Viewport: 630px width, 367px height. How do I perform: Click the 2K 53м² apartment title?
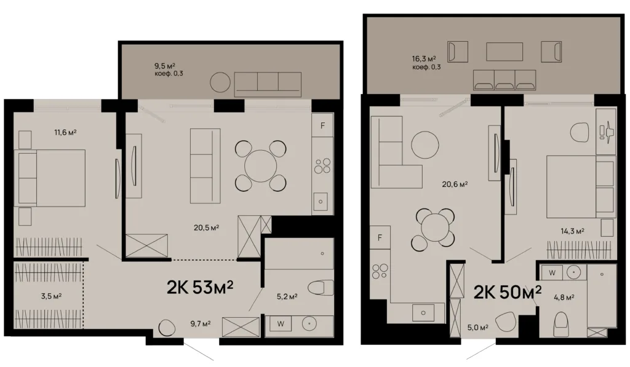tap(200, 286)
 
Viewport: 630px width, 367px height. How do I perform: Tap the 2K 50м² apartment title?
tap(508, 292)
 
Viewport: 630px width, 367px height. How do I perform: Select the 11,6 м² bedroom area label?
tap(65, 132)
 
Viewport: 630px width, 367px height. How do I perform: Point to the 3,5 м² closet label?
tap(51, 296)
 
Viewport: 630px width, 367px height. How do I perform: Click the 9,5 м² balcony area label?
tap(165, 65)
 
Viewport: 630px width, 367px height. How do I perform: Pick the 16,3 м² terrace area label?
tap(424, 59)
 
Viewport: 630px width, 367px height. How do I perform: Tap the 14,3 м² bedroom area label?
tap(573, 231)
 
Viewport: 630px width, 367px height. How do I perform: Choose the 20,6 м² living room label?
tap(455, 184)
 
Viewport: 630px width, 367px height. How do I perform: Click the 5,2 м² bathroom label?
tap(287, 297)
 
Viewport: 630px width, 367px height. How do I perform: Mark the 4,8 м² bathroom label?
tap(564, 298)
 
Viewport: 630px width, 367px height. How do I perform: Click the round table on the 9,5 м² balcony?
tap(220, 82)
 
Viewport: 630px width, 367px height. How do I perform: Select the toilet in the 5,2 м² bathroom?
tap(321, 288)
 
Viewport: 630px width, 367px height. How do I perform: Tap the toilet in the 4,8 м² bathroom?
tap(561, 325)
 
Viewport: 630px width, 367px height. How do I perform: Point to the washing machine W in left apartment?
tap(281, 323)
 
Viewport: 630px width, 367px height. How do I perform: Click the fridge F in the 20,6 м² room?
tap(380, 238)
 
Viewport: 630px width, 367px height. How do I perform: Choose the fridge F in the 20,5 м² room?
tap(322, 125)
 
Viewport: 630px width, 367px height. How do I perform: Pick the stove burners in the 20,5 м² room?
tap(322, 166)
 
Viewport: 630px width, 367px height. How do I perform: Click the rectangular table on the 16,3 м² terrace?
tap(504, 52)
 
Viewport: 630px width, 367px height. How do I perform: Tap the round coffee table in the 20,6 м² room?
tap(425, 145)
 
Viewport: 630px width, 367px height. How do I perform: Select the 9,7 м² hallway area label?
tap(201, 323)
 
